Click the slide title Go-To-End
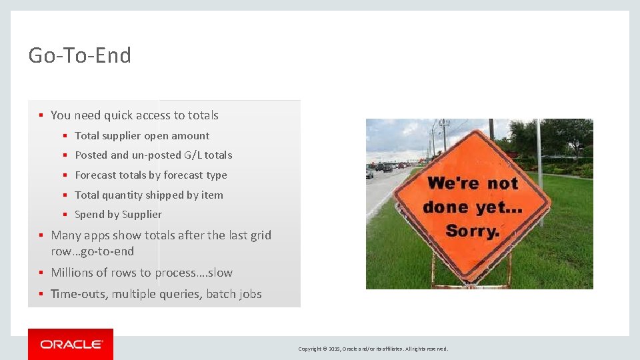(x=80, y=55)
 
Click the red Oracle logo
(x=71, y=344)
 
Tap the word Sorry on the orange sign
(x=473, y=232)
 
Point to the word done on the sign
(x=445, y=207)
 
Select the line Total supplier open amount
(x=142, y=136)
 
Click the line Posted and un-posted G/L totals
(x=153, y=155)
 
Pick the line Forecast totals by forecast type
(x=151, y=175)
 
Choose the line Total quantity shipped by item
(x=149, y=195)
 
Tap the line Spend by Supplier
(x=118, y=215)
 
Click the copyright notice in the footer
(x=373, y=349)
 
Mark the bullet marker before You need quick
(x=41, y=116)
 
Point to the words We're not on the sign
(x=473, y=183)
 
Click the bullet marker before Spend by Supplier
(x=65, y=215)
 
